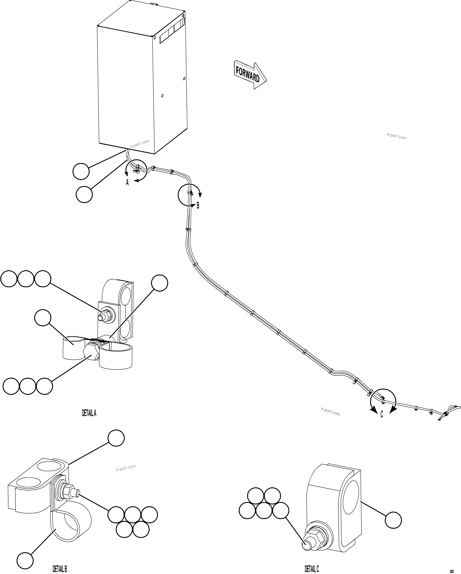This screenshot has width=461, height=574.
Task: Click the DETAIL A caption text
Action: pyautogui.click(x=89, y=413)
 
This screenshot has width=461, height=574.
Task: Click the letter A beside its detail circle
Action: pyautogui.click(x=127, y=183)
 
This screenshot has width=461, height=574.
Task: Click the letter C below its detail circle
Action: pyautogui.click(x=382, y=415)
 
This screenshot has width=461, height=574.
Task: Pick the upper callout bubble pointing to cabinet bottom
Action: pyautogui.click(x=81, y=172)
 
